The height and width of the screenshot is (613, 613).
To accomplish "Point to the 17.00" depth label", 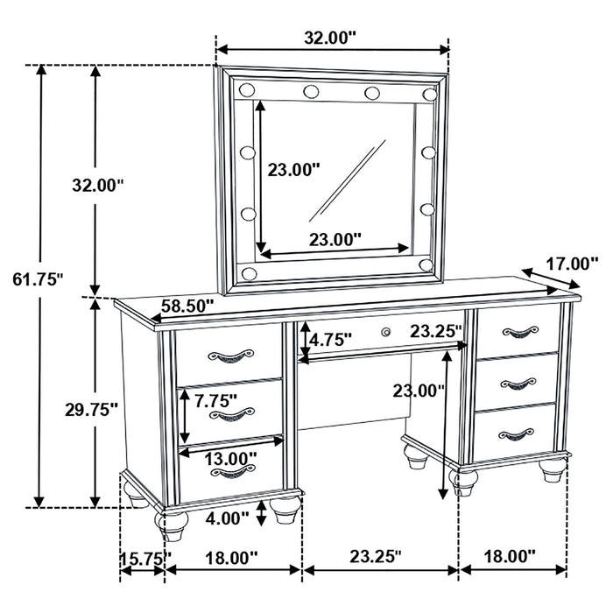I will point(570,262).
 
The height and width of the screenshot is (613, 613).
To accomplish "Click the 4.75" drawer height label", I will point(332,337).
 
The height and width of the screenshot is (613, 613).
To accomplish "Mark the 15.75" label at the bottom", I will point(145,556).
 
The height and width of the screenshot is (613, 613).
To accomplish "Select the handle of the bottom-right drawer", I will point(516,433).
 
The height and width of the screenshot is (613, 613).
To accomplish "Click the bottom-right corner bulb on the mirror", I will point(426,264).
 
